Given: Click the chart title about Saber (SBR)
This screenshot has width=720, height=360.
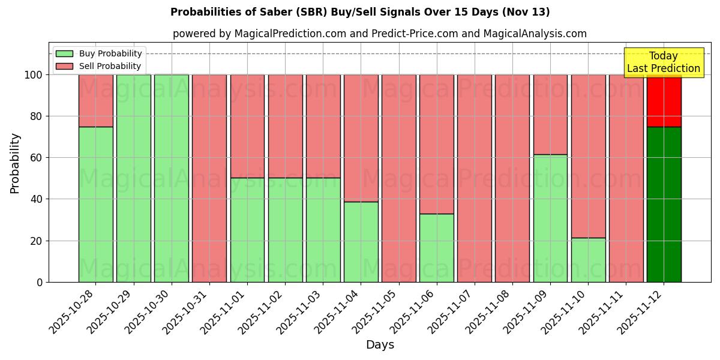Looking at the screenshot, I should point(360,12).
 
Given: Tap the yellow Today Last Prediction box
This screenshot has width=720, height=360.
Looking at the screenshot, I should point(663,62).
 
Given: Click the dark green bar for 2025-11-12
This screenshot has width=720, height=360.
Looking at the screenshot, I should point(664,204).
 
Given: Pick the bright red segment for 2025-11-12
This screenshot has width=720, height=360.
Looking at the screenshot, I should point(664,101).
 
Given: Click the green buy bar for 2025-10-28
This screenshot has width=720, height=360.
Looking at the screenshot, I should point(95,204).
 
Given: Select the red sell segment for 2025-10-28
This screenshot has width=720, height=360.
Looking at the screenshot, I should point(95,101).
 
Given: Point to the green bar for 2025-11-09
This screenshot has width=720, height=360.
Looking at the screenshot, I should point(550,218).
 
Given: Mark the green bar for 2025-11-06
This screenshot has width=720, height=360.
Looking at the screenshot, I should point(436,248).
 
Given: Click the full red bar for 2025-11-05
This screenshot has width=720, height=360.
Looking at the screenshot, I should point(398,178).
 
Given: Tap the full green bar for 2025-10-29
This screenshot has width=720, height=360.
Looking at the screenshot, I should point(133,178).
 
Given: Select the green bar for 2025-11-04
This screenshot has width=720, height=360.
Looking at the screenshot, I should point(361,242).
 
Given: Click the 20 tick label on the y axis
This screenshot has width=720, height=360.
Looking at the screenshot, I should point(37,241).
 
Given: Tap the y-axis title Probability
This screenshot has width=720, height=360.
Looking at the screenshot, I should point(16,163).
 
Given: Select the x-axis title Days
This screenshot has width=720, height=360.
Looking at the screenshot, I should point(380,345).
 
